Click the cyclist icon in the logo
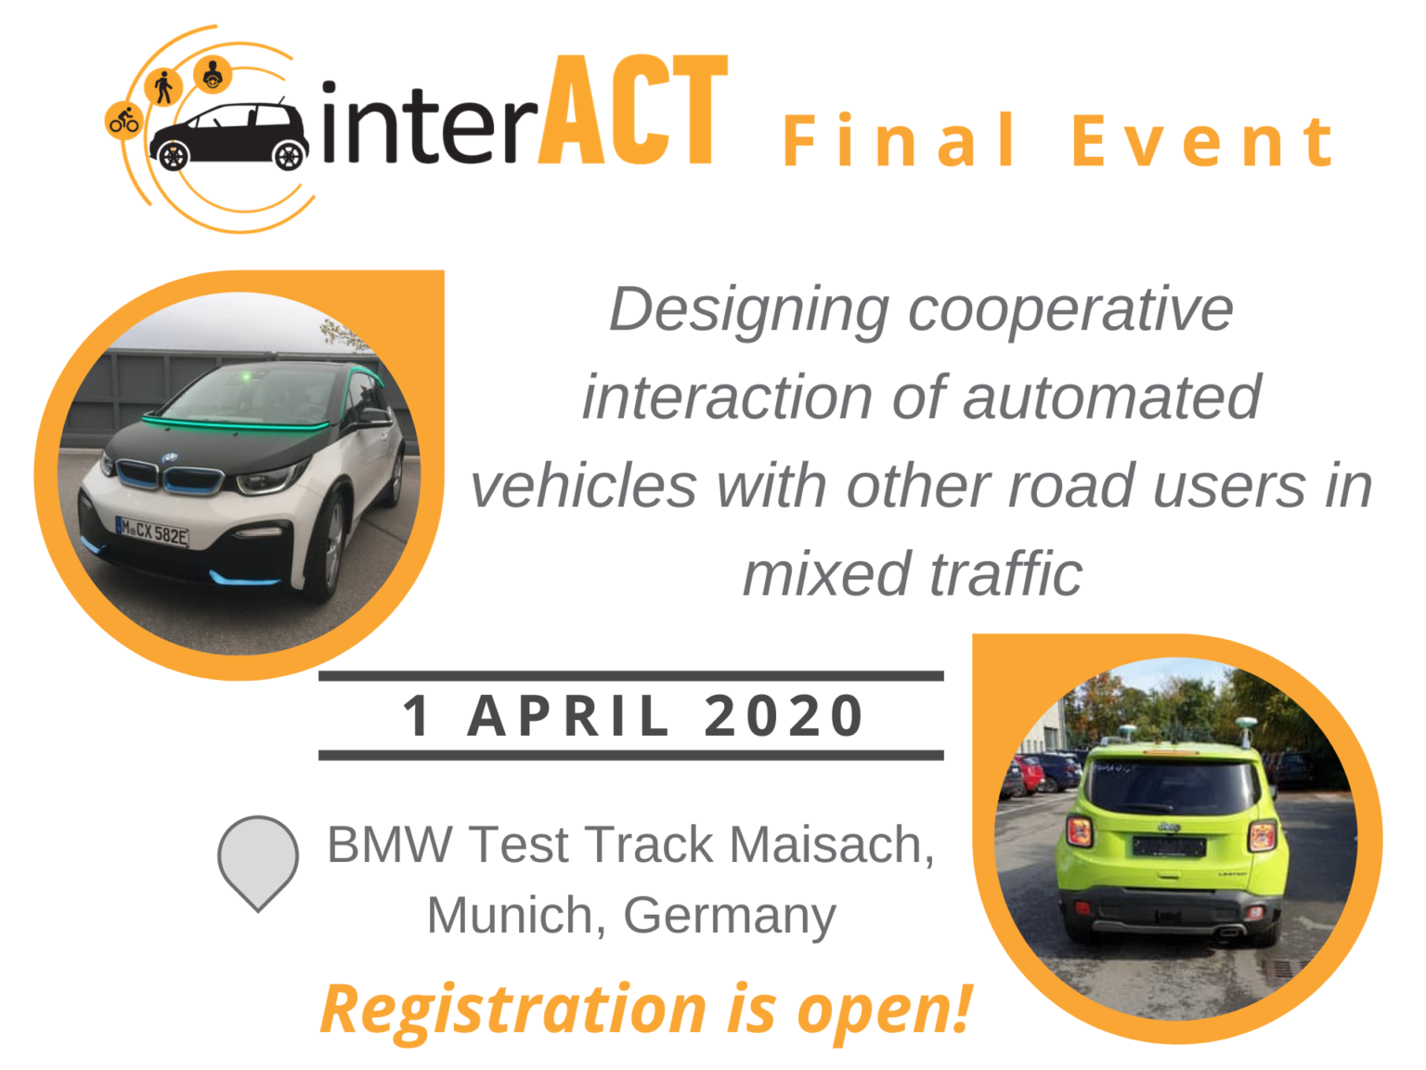123,120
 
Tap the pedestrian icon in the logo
163,86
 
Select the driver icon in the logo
213,75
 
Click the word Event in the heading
1202,141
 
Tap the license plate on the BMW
152,532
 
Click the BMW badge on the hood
170,458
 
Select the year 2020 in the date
784,716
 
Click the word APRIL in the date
567,716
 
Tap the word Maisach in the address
832,844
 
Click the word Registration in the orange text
513,1011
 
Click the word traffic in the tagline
1007,573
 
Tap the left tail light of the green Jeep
1079,832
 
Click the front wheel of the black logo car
290,155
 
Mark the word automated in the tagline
1111,398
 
